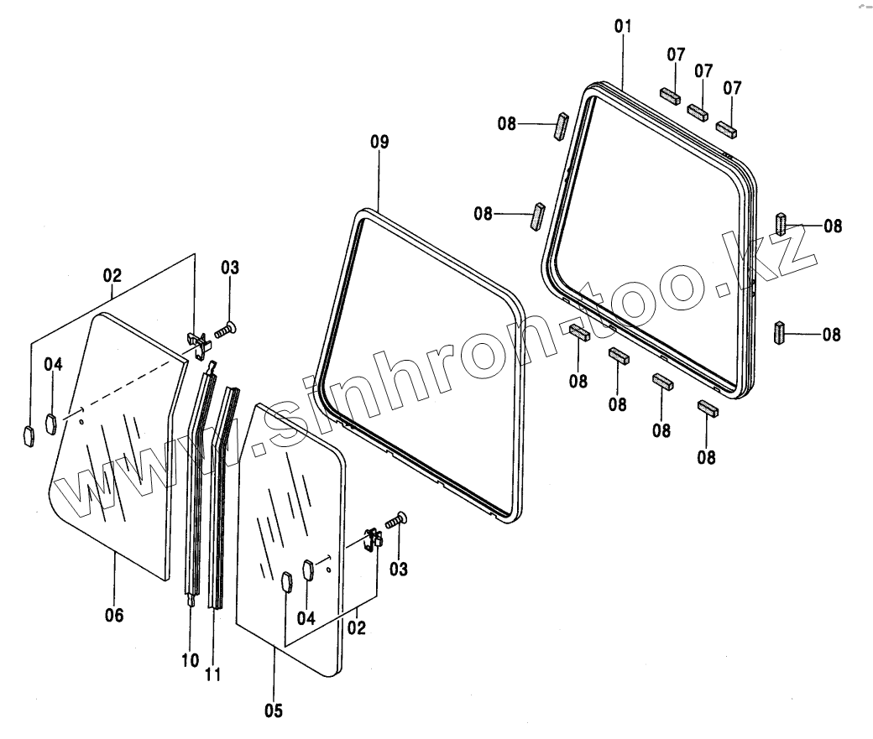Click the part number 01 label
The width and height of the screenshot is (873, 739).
click(622, 27)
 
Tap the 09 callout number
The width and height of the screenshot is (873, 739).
click(379, 142)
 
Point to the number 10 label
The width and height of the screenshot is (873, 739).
click(190, 660)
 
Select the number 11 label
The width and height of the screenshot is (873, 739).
click(212, 674)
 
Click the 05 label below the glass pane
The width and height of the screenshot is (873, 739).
click(274, 711)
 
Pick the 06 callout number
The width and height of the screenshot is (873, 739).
click(114, 616)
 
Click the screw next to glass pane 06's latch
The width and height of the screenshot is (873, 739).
click(224, 330)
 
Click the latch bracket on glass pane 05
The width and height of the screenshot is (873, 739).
click(374, 539)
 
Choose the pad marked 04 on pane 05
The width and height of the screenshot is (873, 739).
click(306, 569)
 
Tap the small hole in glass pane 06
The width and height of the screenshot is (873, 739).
click(81, 421)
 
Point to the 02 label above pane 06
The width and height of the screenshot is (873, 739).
click(112, 276)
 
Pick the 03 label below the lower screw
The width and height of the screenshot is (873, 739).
click(398, 569)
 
